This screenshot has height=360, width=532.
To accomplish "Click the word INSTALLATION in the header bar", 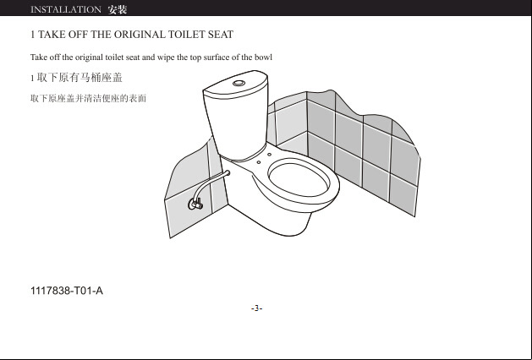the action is (x=66, y=9).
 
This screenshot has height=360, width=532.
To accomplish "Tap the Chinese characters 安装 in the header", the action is (x=118, y=9).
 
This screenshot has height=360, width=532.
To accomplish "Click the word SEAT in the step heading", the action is (x=221, y=35).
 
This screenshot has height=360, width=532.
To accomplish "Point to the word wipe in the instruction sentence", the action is (x=166, y=57).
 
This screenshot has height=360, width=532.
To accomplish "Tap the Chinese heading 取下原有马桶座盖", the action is (x=80, y=78).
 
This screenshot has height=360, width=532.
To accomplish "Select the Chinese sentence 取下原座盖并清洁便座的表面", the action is (x=88, y=98).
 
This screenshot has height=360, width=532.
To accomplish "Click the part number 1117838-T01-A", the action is (x=67, y=291).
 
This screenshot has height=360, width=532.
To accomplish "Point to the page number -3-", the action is (x=257, y=308).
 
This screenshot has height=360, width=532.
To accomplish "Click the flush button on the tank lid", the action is (x=239, y=83).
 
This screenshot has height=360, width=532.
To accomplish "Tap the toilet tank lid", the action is (x=235, y=84).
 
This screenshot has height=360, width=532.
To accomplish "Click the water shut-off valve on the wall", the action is (x=195, y=204).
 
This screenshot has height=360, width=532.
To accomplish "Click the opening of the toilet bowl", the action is (x=299, y=179).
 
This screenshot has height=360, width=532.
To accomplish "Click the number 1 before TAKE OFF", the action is (x=33, y=35).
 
